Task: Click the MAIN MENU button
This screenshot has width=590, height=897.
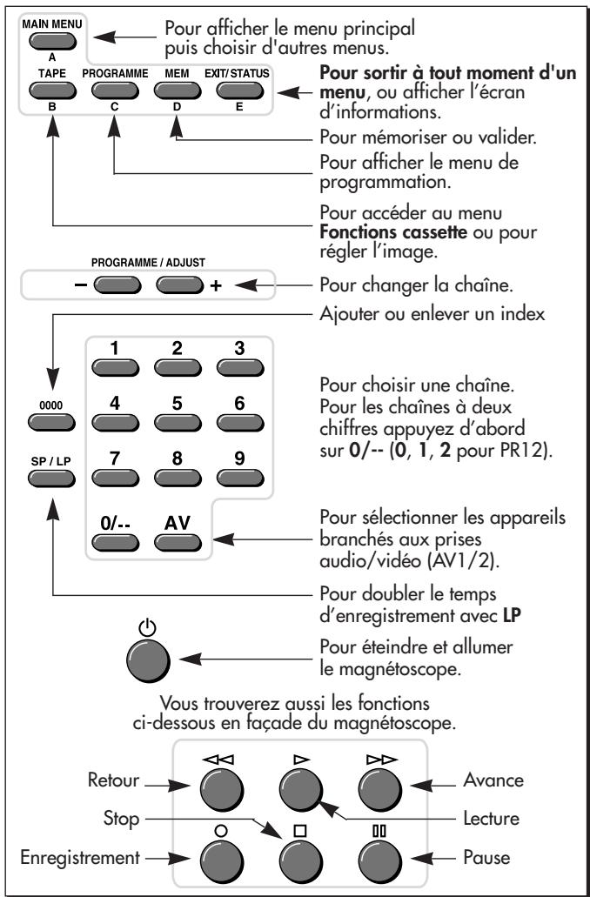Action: click(x=52, y=41)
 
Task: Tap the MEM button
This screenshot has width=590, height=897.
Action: click(x=178, y=90)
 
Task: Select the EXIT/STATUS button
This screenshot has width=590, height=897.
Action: click(x=240, y=90)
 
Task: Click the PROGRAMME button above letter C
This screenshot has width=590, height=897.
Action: click(x=115, y=90)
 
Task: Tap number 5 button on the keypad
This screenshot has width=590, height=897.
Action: click(x=178, y=423)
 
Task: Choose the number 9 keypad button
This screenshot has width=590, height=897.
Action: click(x=240, y=478)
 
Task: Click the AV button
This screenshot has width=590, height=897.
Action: click(x=178, y=542)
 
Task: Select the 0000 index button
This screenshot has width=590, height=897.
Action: click(x=51, y=422)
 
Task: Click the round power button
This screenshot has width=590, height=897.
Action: click(x=148, y=660)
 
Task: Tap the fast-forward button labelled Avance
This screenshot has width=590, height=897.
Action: click(x=380, y=790)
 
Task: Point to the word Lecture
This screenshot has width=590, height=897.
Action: click(x=492, y=819)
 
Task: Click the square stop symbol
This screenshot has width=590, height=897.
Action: click(x=301, y=831)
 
